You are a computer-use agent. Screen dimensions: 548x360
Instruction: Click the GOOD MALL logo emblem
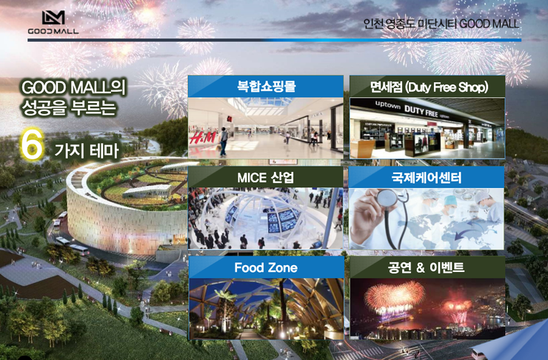tap(53, 18)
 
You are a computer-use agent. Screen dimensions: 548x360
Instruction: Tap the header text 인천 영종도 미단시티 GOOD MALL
tap(441, 24)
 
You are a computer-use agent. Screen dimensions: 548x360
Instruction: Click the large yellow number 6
tap(32, 144)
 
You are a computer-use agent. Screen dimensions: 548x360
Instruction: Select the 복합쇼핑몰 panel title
tap(267, 87)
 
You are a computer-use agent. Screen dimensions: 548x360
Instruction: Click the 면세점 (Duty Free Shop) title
tap(429, 87)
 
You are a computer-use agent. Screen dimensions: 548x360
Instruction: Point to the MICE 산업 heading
tap(266, 178)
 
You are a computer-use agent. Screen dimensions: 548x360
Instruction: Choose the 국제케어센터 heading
tap(427, 178)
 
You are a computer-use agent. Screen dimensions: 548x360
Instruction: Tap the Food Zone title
tap(266, 267)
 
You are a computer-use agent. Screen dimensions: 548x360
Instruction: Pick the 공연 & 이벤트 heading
tap(426, 267)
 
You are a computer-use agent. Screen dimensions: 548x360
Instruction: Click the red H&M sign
tap(202, 137)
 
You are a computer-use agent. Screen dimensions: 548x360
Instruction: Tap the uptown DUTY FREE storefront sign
tap(412, 110)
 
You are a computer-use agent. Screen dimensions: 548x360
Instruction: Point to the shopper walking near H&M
tap(223, 141)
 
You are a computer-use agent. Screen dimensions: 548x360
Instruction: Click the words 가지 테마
tap(87, 150)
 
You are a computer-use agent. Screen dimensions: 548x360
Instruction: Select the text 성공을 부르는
tap(69, 107)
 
